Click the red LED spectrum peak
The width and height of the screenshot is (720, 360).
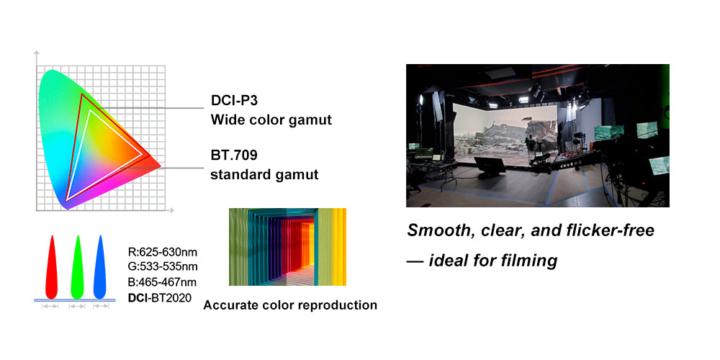click(x=52, y=266)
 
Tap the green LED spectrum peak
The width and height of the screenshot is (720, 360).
click(x=78, y=266)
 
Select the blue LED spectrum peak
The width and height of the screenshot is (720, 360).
click(x=100, y=266)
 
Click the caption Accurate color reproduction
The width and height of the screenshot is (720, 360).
click(x=290, y=305)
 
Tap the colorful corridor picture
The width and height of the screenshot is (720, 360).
click(x=287, y=247)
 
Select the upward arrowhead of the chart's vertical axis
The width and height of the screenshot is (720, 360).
click(x=37, y=53)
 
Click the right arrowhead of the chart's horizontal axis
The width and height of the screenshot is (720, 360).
click(x=172, y=211)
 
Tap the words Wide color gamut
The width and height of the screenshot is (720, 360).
click(x=271, y=120)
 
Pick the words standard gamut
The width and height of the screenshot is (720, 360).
click(x=264, y=175)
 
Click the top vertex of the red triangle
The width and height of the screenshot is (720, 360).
click(x=82, y=94)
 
